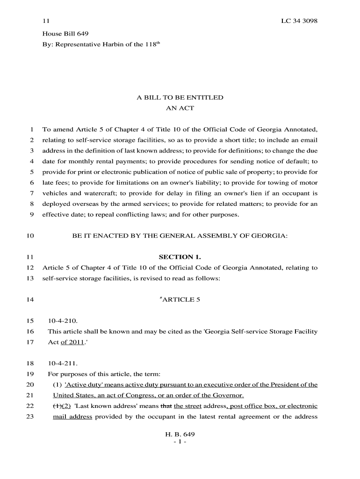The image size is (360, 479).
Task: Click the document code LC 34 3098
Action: point(299,22)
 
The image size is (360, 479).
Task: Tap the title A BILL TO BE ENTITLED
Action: point(180,98)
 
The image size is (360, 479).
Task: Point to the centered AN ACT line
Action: point(180,109)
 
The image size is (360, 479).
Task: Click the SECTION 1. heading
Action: point(180,257)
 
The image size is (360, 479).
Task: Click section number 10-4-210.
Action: point(63,321)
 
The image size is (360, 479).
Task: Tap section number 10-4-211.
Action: point(63,363)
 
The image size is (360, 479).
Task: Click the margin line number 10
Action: point(30,236)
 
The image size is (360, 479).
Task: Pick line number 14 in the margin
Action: point(30,299)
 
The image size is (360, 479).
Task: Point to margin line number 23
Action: point(30,417)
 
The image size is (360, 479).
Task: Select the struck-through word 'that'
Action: point(166,406)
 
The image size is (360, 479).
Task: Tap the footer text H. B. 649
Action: point(180,435)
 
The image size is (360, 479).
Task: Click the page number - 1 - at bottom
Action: point(180,443)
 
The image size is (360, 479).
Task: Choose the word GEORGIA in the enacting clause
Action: point(268,236)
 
